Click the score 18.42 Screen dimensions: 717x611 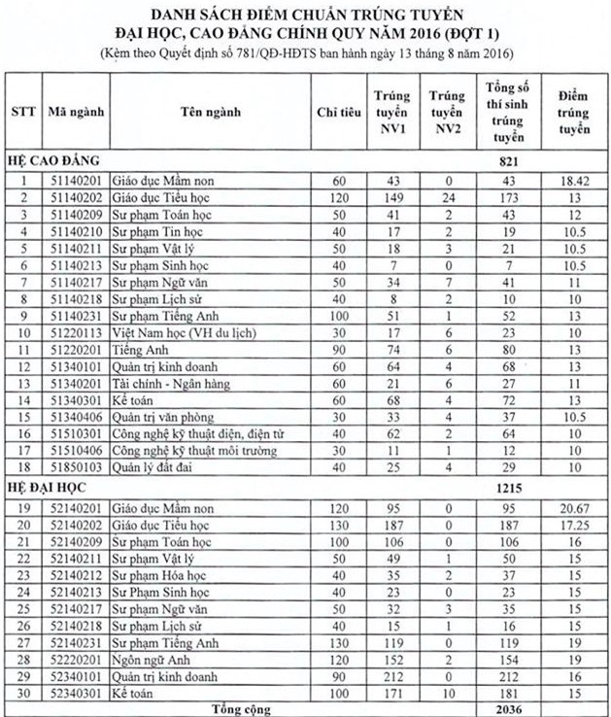pyautogui.click(x=575, y=182)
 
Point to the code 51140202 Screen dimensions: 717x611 pyautogui.click(x=75, y=197)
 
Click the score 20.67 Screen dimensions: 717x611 pyautogui.click(x=575, y=505)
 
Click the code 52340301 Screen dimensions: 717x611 pyautogui.click(x=75, y=693)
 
